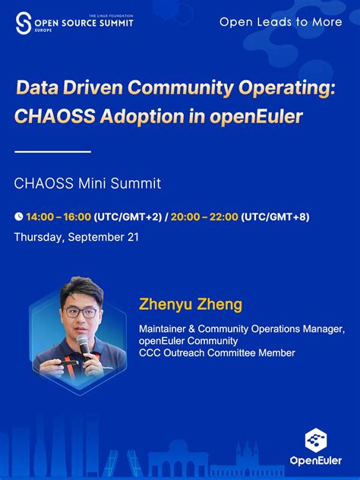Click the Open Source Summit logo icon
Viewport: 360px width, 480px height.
pyautogui.click(x=24, y=22)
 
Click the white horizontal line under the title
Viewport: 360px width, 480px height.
pyautogui.click(x=52, y=152)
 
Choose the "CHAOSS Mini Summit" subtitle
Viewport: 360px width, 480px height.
pyautogui.click(x=87, y=183)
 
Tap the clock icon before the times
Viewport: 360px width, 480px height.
pyautogui.click(x=18, y=217)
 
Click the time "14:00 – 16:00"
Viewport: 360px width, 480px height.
pyautogui.click(x=58, y=217)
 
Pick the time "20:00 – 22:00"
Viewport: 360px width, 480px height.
pyautogui.click(x=204, y=217)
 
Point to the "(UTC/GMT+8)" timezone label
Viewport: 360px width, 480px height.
pyautogui.click(x=275, y=217)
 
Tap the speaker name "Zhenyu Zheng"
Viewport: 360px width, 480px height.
pyautogui.click(x=191, y=305)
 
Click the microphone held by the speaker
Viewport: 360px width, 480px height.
pyautogui.click(x=84, y=346)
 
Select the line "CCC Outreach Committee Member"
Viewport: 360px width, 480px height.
pyautogui.click(x=216, y=352)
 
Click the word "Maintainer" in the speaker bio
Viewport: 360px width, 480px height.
pyautogui.click(x=164, y=329)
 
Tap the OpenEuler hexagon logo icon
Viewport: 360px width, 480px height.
pyautogui.click(x=315, y=440)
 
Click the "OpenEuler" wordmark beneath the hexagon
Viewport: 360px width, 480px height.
pyautogui.click(x=315, y=460)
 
